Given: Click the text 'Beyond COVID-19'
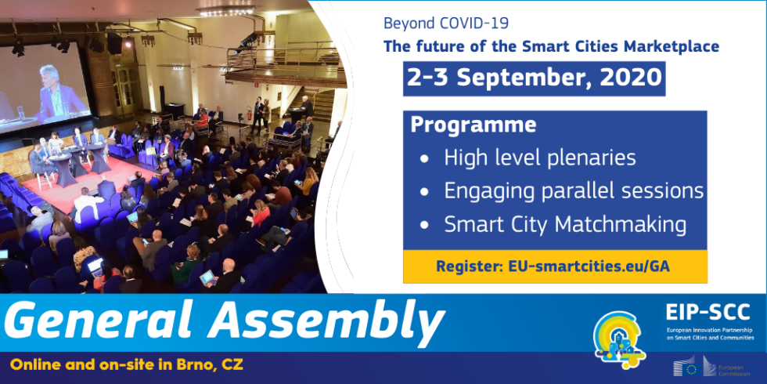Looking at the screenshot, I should click(x=435, y=23).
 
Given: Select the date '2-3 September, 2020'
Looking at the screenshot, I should click(x=534, y=78).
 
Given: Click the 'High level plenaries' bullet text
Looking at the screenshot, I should click(x=540, y=158).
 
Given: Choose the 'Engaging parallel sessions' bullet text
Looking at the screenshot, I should click(x=574, y=190).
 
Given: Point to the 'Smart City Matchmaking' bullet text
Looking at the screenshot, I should click(x=565, y=224).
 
